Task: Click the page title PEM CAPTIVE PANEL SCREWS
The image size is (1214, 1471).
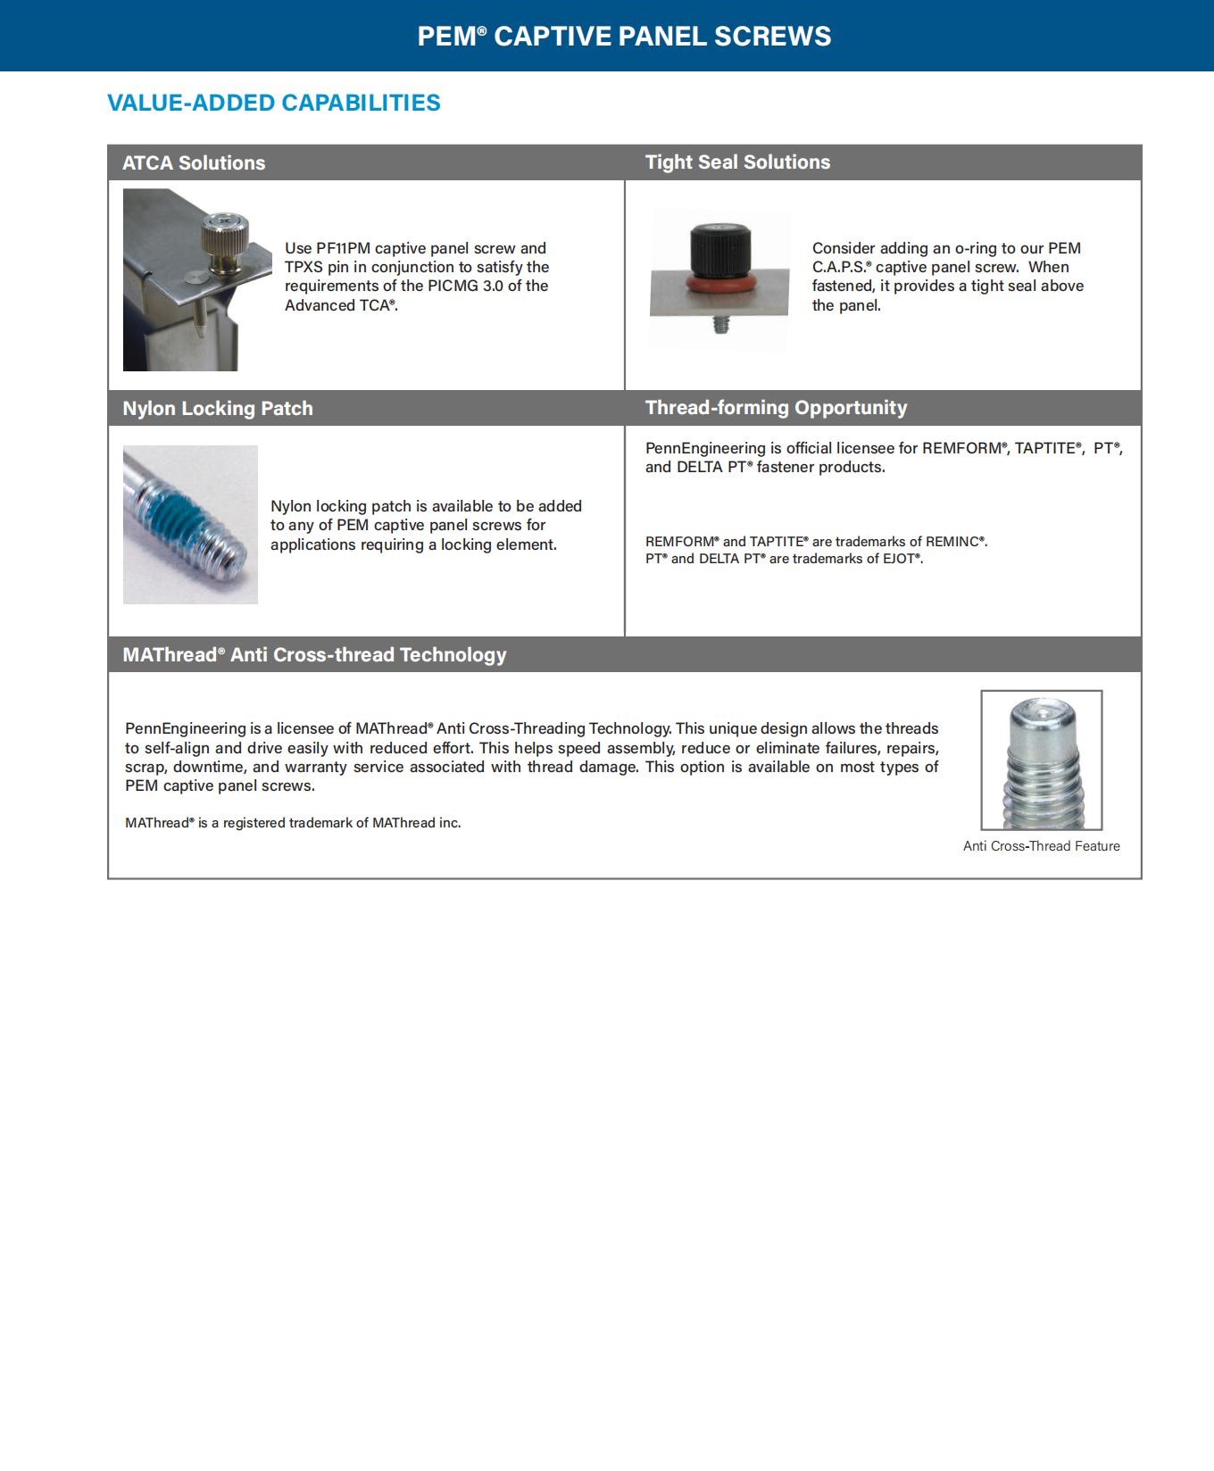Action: coord(624,36)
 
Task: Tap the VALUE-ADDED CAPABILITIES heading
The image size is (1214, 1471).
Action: coord(273,103)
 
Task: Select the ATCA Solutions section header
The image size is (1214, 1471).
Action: coord(194,163)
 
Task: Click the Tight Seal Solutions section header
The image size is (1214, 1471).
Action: coord(737,162)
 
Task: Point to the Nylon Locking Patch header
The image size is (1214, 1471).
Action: coord(218,409)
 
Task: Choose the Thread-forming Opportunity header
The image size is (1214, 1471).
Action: coord(776,408)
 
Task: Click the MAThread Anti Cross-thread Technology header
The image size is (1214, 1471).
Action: coord(314,655)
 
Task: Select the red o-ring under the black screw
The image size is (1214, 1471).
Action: coord(720,284)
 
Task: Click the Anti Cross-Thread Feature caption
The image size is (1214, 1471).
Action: coord(1041,846)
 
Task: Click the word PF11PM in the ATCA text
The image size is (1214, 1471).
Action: coord(343,248)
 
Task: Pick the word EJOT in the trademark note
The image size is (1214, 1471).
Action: coord(896,559)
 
